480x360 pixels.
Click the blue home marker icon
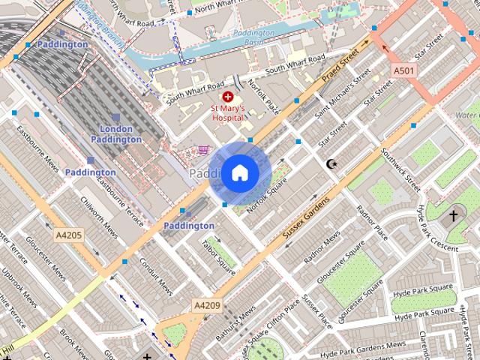[239, 172]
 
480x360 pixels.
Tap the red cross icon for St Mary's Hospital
[227, 97]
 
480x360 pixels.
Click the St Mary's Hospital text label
[227, 112]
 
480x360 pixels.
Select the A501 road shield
[403, 70]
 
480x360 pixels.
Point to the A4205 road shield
[69, 235]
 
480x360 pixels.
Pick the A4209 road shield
[207, 305]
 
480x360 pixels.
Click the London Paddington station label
[116, 133]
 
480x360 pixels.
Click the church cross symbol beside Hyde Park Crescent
[452, 216]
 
